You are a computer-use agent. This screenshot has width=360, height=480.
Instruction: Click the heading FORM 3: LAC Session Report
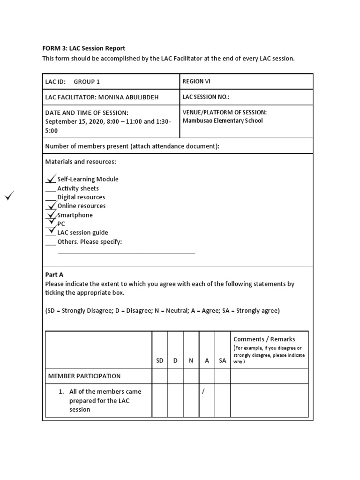pyautogui.click(x=84, y=48)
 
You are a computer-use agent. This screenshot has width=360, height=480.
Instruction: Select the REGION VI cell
pyautogui.click(x=196, y=82)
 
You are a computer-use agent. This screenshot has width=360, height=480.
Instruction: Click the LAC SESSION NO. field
pyautogui.click(x=206, y=97)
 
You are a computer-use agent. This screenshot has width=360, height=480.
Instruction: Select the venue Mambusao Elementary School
pyautogui.click(x=222, y=120)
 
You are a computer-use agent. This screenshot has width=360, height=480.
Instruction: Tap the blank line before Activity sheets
pyautogui.click(x=51, y=190)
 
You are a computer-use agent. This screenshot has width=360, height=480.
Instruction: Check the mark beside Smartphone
pyautogui.click(x=51, y=214)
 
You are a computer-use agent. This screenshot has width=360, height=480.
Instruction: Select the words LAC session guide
pyautogui.click(x=82, y=232)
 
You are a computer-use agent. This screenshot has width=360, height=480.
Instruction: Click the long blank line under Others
pyautogui.click(x=126, y=253)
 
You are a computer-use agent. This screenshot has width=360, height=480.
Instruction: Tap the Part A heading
pyautogui.click(x=54, y=275)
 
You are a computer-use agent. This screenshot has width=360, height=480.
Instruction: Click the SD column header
pyautogui.click(x=160, y=360)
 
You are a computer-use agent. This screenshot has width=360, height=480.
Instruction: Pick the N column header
pyautogui.click(x=191, y=360)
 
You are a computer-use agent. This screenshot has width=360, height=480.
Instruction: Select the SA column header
pyautogui.click(x=222, y=360)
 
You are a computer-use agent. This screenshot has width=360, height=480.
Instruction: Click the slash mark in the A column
pyautogui.click(x=203, y=392)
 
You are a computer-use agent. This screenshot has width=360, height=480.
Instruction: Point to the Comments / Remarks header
pyautogui.click(x=264, y=339)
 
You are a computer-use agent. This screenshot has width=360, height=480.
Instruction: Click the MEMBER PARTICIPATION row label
pyautogui.click(x=84, y=376)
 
